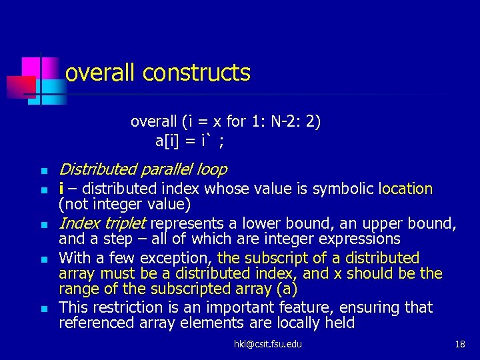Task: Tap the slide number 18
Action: pyautogui.click(x=460, y=344)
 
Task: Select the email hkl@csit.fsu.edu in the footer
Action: pyautogui.click(x=267, y=344)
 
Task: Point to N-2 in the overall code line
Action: pyautogui.click(x=275, y=121)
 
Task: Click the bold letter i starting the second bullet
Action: pyautogui.click(x=61, y=189)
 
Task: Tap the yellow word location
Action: pyautogui.click(x=405, y=189)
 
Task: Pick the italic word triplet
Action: pyautogui.click(x=124, y=222)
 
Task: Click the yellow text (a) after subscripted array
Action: pyautogui.click(x=288, y=290)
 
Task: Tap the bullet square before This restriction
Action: pyautogui.click(x=42, y=309)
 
